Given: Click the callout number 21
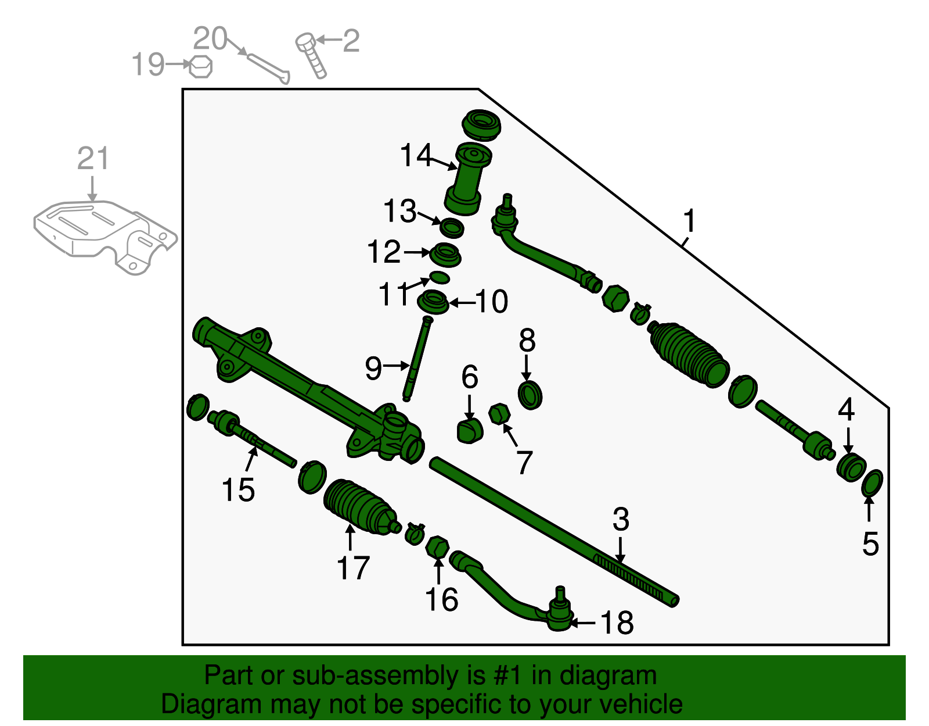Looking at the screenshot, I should click(x=93, y=159).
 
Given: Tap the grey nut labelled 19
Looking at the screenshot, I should click(x=200, y=66).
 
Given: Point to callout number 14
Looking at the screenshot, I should click(x=416, y=155).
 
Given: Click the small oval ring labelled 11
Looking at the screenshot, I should click(x=440, y=277).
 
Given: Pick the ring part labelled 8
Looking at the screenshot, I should click(x=530, y=395).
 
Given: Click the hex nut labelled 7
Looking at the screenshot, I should click(x=499, y=414).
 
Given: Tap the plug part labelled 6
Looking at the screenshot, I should click(x=470, y=430).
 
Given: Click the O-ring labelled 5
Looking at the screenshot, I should click(x=872, y=484).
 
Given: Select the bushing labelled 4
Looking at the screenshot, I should click(x=851, y=468).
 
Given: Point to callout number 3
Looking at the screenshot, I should click(x=621, y=519).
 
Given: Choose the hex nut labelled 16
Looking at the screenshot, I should click(x=437, y=548).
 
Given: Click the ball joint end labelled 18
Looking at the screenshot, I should click(x=559, y=616).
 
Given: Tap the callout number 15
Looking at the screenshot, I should click(x=238, y=489).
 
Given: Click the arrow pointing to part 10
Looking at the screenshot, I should click(x=462, y=302).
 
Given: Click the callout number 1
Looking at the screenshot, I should click(x=689, y=221).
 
